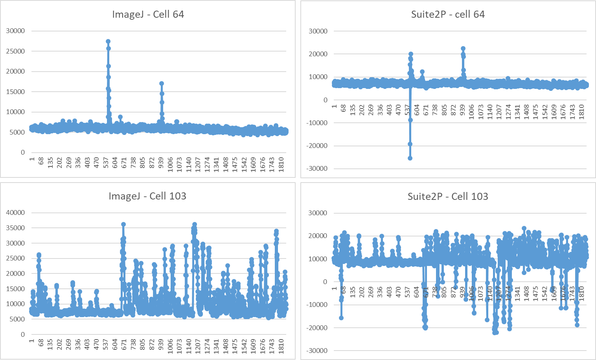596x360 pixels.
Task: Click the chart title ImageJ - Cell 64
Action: click(148, 15)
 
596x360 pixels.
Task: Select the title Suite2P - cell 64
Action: click(448, 15)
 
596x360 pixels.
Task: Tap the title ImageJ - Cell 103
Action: click(147, 196)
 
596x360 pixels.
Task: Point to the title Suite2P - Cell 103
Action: click(448, 196)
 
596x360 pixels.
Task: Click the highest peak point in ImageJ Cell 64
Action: click(108, 41)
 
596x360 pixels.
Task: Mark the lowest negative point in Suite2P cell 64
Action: click(410, 158)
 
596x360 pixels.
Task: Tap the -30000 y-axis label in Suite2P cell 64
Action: click(317, 168)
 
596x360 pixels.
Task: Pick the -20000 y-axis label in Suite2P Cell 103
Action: click(317, 328)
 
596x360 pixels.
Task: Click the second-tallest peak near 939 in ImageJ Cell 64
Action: click(162, 83)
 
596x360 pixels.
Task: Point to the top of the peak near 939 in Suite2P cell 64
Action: click(463, 49)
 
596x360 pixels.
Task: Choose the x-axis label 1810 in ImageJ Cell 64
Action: click(281, 162)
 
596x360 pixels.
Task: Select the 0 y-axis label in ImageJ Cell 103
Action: click(23, 334)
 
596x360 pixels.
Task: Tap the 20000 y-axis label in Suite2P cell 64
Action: click(318, 54)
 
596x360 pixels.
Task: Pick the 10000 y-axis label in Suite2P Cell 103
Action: click(318, 259)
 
